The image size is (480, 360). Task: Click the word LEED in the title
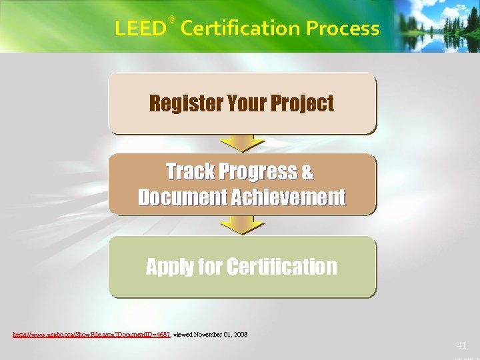tap(139, 29)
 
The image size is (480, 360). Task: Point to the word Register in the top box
tap(185, 104)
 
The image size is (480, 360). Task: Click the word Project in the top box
tap(302, 104)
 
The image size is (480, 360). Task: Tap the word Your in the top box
tap(247, 104)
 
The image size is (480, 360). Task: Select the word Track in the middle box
tap(189, 172)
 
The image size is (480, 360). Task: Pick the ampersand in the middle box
tap(307, 172)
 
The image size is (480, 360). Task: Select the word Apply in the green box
tap(170, 267)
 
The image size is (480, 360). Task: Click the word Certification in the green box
tap(282, 267)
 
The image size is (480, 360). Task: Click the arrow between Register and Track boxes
tap(243, 143)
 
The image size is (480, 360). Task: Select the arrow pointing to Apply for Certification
tap(243, 226)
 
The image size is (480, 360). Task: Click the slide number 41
tap(461, 345)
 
